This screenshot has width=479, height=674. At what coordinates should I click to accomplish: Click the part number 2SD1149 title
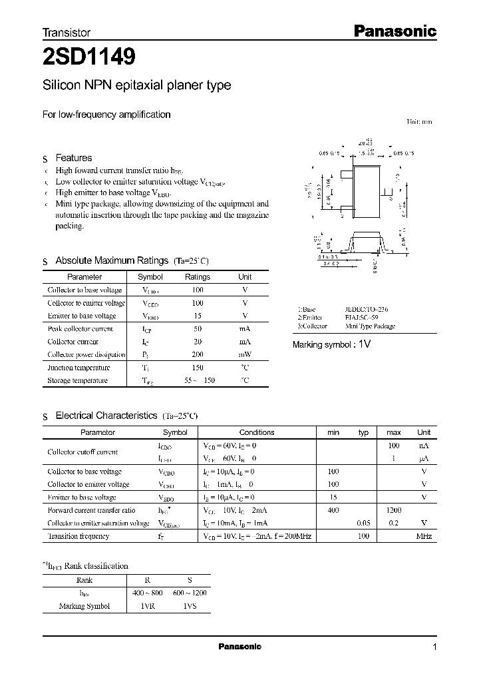(89, 57)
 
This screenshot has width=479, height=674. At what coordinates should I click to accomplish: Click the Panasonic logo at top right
(393, 31)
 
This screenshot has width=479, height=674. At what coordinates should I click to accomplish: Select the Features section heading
(73, 158)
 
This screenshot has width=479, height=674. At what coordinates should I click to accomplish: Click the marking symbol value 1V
(364, 344)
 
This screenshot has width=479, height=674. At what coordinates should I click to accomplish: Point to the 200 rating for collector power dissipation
(198, 355)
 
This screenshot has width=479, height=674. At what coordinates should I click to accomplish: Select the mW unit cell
(245, 355)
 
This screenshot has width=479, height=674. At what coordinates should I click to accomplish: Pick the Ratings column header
(198, 276)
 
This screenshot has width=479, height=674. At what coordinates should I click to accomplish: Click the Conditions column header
(256, 432)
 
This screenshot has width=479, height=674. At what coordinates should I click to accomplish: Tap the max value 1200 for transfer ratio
(394, 510)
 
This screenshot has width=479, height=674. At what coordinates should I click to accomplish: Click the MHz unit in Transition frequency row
(424, 536)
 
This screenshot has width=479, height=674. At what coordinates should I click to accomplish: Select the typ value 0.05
(363, 523)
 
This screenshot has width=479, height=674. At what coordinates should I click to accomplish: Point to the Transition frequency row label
(78, 536)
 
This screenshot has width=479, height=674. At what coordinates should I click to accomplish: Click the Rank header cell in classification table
(84, 580)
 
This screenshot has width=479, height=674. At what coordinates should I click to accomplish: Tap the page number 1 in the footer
(434, 647)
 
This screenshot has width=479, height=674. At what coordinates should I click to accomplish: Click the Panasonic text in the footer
(239, 647)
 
